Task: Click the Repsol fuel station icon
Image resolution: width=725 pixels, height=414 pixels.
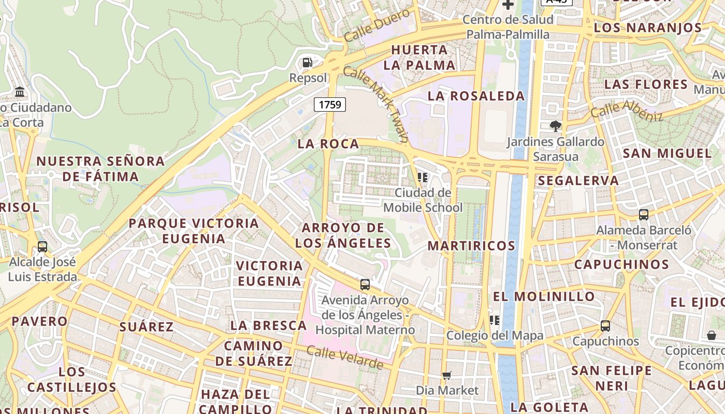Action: click(308, 63)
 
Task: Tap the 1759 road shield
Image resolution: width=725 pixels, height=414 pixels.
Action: click(330, 105)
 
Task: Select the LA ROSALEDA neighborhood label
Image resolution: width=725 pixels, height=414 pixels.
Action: click(476, 96)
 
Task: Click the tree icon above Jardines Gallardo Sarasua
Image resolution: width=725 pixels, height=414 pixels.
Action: click(556, 126)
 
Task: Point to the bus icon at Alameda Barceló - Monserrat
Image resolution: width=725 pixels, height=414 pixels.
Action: click(644, 214)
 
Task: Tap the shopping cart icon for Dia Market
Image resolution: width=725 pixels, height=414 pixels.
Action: click(447, 375)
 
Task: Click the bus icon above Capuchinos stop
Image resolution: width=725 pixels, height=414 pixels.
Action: click(605, 326)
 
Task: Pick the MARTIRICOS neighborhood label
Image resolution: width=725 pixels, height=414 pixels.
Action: click(471, 246)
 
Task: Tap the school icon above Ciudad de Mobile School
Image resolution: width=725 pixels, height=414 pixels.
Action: click(423, 178)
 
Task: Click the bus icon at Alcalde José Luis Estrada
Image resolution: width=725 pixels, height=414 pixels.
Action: click(42, 246)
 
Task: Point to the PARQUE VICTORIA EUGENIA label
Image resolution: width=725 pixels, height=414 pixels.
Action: click(194, 231)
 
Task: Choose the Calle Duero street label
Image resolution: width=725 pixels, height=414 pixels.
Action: click(376, 25)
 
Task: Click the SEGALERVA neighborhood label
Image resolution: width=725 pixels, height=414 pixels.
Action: click(578, 181)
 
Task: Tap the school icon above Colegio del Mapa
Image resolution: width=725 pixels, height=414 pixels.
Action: click(495, 320)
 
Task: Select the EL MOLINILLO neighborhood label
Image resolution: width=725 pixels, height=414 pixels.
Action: click(544, 297)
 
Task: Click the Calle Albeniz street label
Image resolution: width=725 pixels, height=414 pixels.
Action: click(627, 110)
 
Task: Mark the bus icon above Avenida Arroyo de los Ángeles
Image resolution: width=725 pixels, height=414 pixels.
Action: click(365, 284)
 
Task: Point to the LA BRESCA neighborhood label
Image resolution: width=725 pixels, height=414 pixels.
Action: click(269, 326)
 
